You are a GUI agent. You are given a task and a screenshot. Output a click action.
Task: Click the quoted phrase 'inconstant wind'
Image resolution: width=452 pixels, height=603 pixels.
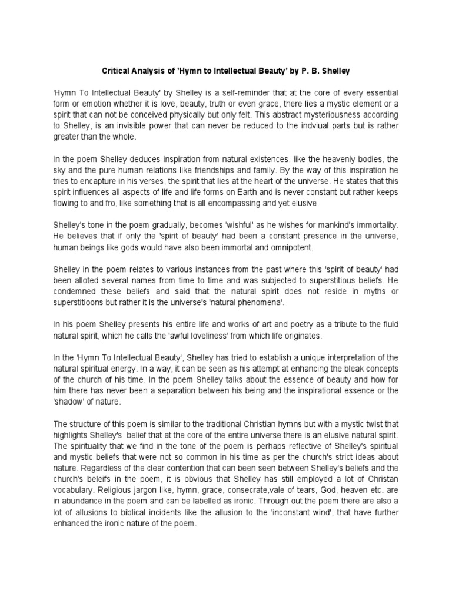pos(299,512)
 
